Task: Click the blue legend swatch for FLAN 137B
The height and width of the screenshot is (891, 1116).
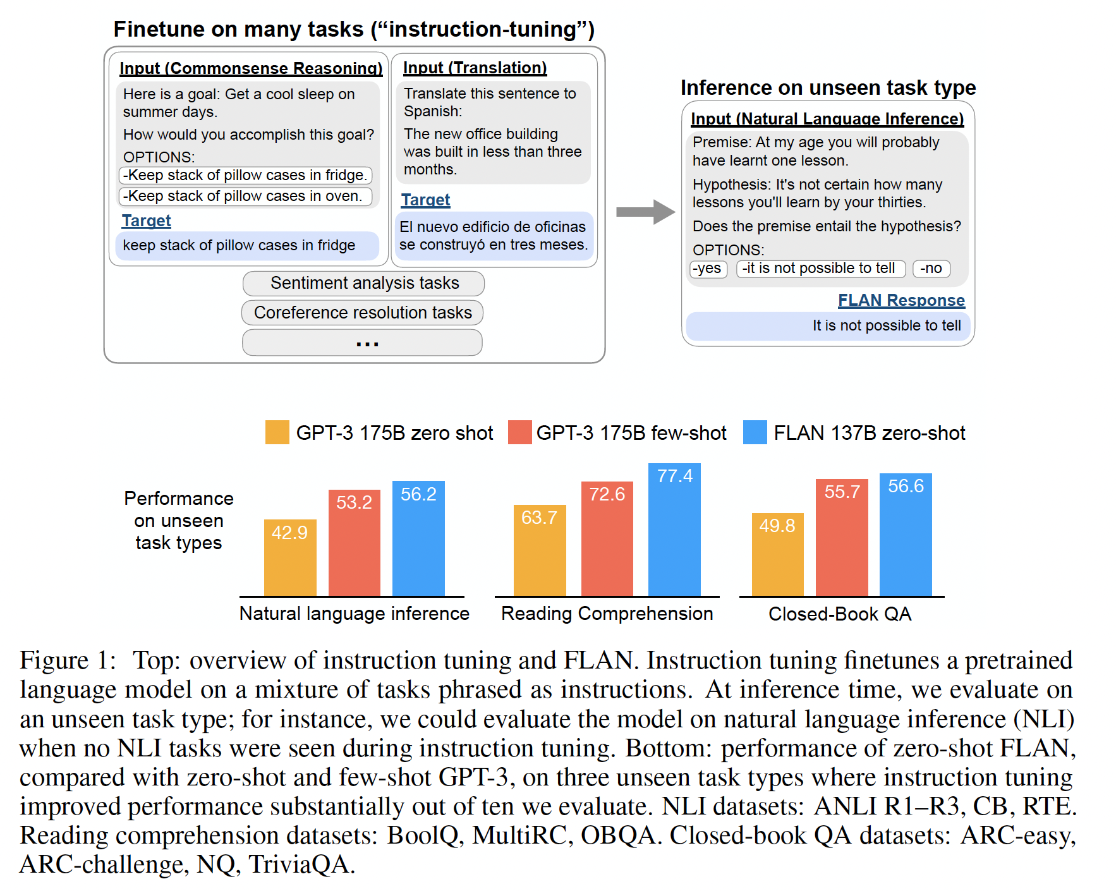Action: click(755, 432)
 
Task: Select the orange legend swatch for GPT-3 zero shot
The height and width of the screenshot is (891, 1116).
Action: click(277, 432)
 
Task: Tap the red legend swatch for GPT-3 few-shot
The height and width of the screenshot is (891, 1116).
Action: click(519, 432)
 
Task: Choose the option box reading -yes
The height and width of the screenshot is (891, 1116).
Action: click(708, 269)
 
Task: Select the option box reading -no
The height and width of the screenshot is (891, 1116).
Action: click(931, 269)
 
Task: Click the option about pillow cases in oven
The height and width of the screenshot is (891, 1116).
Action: click(245, 197)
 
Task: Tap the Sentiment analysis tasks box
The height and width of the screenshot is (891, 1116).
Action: click(363, 283)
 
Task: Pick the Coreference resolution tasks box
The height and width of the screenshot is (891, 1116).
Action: click(362, 313)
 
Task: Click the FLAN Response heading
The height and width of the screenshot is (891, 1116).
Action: click(901, 300)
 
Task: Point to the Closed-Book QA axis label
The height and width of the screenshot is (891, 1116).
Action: click(840, 614)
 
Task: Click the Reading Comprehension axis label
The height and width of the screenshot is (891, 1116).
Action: click(607, 614)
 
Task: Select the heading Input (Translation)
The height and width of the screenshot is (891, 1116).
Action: click(475, 68)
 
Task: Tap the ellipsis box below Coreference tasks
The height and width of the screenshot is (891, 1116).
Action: click(362, 343)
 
